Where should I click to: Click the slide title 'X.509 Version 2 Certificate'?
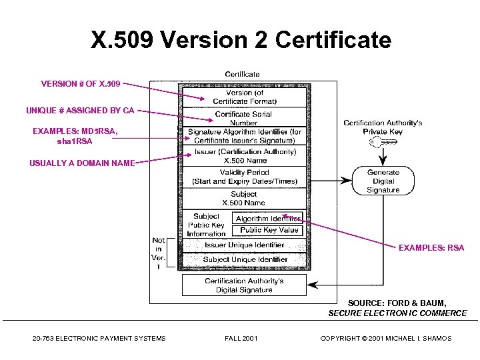(241, 41)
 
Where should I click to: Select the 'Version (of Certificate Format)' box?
(244, 97)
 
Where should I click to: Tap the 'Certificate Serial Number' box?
(243, 118)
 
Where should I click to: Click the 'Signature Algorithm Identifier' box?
(244, 136)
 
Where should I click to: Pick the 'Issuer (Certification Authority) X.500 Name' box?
(245, 156)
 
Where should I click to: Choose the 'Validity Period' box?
(244, 177)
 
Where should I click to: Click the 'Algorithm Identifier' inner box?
(267, 218)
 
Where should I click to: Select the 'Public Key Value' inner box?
(268, 230)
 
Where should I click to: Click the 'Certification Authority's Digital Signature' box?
(244, 285)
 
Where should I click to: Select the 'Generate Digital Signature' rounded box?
(383, 181)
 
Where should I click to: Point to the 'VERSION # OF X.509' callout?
(81, 84)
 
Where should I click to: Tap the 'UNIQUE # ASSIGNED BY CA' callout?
(80, 110)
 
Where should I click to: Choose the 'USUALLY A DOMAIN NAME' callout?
(81, 163)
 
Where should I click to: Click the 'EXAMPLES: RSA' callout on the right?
(431, 248)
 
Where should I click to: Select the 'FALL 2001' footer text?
(241, 338)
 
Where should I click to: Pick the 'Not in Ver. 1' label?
(158, 253)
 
